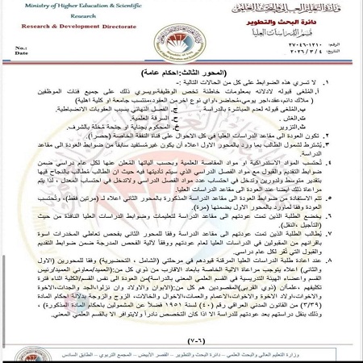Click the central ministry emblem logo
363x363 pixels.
pyautogui.click(x=181, y=36)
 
